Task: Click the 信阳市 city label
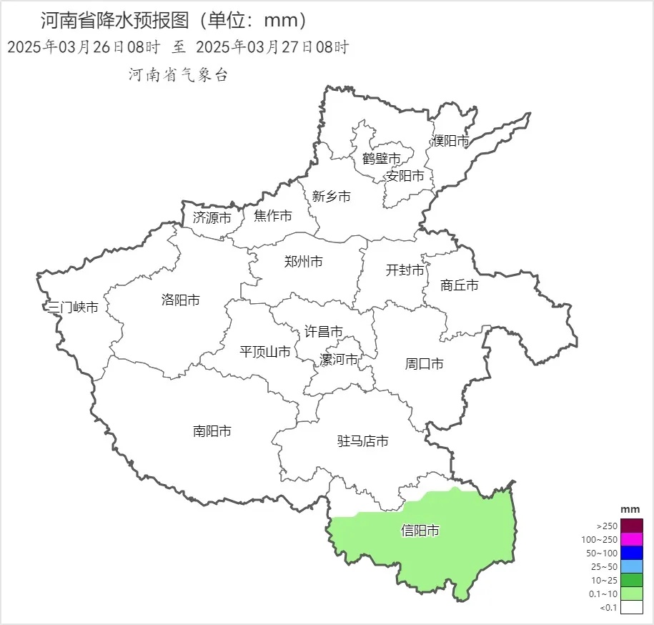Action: pos(420,531)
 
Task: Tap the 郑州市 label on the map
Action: pos(303,262)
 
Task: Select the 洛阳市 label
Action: pos(181,300)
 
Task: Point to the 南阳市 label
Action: pos(212,431)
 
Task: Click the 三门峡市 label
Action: pos(72,307)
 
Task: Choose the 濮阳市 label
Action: pos(450,141)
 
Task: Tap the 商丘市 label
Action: pos(460,285)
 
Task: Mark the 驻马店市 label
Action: pos(363,441)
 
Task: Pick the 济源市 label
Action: pos(212,218)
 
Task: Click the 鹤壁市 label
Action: pos(381,159)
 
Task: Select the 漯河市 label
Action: pos(338,359)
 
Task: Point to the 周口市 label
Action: pos(424,364)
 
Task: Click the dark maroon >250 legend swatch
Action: pos(632,525)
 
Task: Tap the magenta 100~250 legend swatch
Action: pos(632,538)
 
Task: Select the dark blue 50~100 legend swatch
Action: pos(632,552)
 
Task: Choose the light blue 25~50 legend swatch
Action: pos(632,566)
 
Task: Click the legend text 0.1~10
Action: pos(603,594)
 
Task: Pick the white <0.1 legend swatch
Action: pos(632,607)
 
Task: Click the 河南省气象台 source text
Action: pos(178,75)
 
